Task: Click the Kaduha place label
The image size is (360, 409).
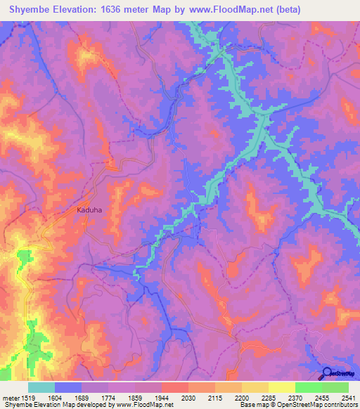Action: pyautogui.click(x=90, y=209)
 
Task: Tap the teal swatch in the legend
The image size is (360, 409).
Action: pyautogui.click(x=41, y=387)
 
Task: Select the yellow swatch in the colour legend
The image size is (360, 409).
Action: pyautogui.click(x=281, y=387)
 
